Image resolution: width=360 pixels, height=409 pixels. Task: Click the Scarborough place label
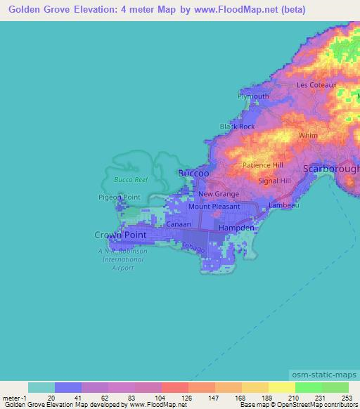click(x=330, y=169)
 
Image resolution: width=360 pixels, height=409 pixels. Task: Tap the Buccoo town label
click(x=192, y=173)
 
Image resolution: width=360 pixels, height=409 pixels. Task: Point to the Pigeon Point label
click(x=120, y=197)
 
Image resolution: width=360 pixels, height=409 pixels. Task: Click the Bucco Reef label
click(x=127, y=180)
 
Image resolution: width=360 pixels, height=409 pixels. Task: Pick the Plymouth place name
click(x=253, y=96)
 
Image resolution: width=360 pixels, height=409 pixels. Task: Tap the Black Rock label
click(x=237, y=126)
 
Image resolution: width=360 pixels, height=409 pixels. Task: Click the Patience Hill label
click(x=262, y=165)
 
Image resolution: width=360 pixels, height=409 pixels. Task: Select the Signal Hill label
click(x=274, y=181)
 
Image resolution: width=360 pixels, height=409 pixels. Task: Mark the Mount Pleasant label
click(x=214, y=207)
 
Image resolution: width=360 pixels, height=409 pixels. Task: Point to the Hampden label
click(x=236, y=229)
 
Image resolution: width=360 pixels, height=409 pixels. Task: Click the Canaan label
click(x=179, y=223)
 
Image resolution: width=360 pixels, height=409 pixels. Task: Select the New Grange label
click(x=219, y=194)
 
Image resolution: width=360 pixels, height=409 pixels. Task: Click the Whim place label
click(x=308, y=135)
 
